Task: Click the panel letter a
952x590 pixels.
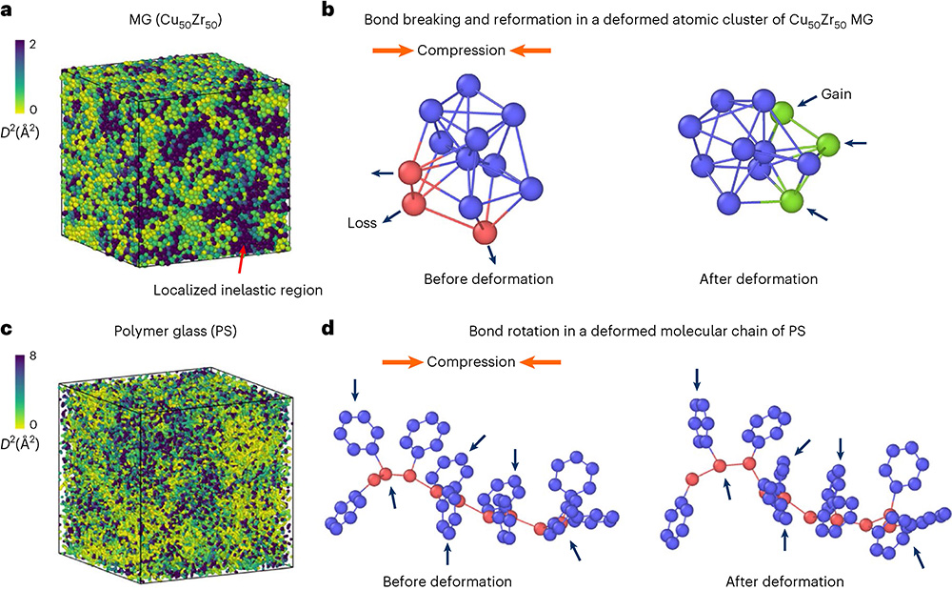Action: pos(8,11)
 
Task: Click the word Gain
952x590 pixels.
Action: pos(837,95)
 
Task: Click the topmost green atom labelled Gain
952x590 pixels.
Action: pos(783,113)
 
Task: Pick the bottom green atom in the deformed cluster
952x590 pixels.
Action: pos(789,201)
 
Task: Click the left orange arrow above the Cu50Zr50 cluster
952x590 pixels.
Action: pos(388,50)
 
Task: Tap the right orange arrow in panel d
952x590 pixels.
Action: pos(540,362)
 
